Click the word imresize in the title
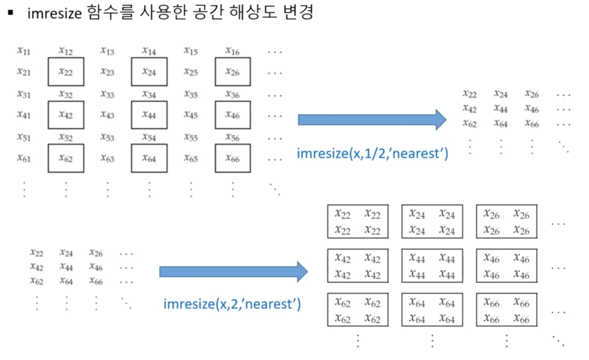click(x=54, y=13)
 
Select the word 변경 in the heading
click(x=298, y=12)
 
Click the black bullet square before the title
click(x=11, y=13)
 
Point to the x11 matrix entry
click(x=24, y=51)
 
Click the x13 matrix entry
click(x=107, y=51)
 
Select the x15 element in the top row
click(x=191, y=51)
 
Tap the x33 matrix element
click(x=107, y=94)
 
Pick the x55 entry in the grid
click(x=191, y=137)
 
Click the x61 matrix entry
click(x=24, y=158)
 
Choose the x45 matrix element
click(x=191, y=115)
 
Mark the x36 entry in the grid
click(x=233, y=94)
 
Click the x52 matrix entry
click(x=66, y=137)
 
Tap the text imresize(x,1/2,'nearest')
click(x=372, y=153)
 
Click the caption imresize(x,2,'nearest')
click(x=232, y=304)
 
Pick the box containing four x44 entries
click(x=432, y=266)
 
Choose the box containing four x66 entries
click(x=507, y=310)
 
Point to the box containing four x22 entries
click(x=357, y=221)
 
